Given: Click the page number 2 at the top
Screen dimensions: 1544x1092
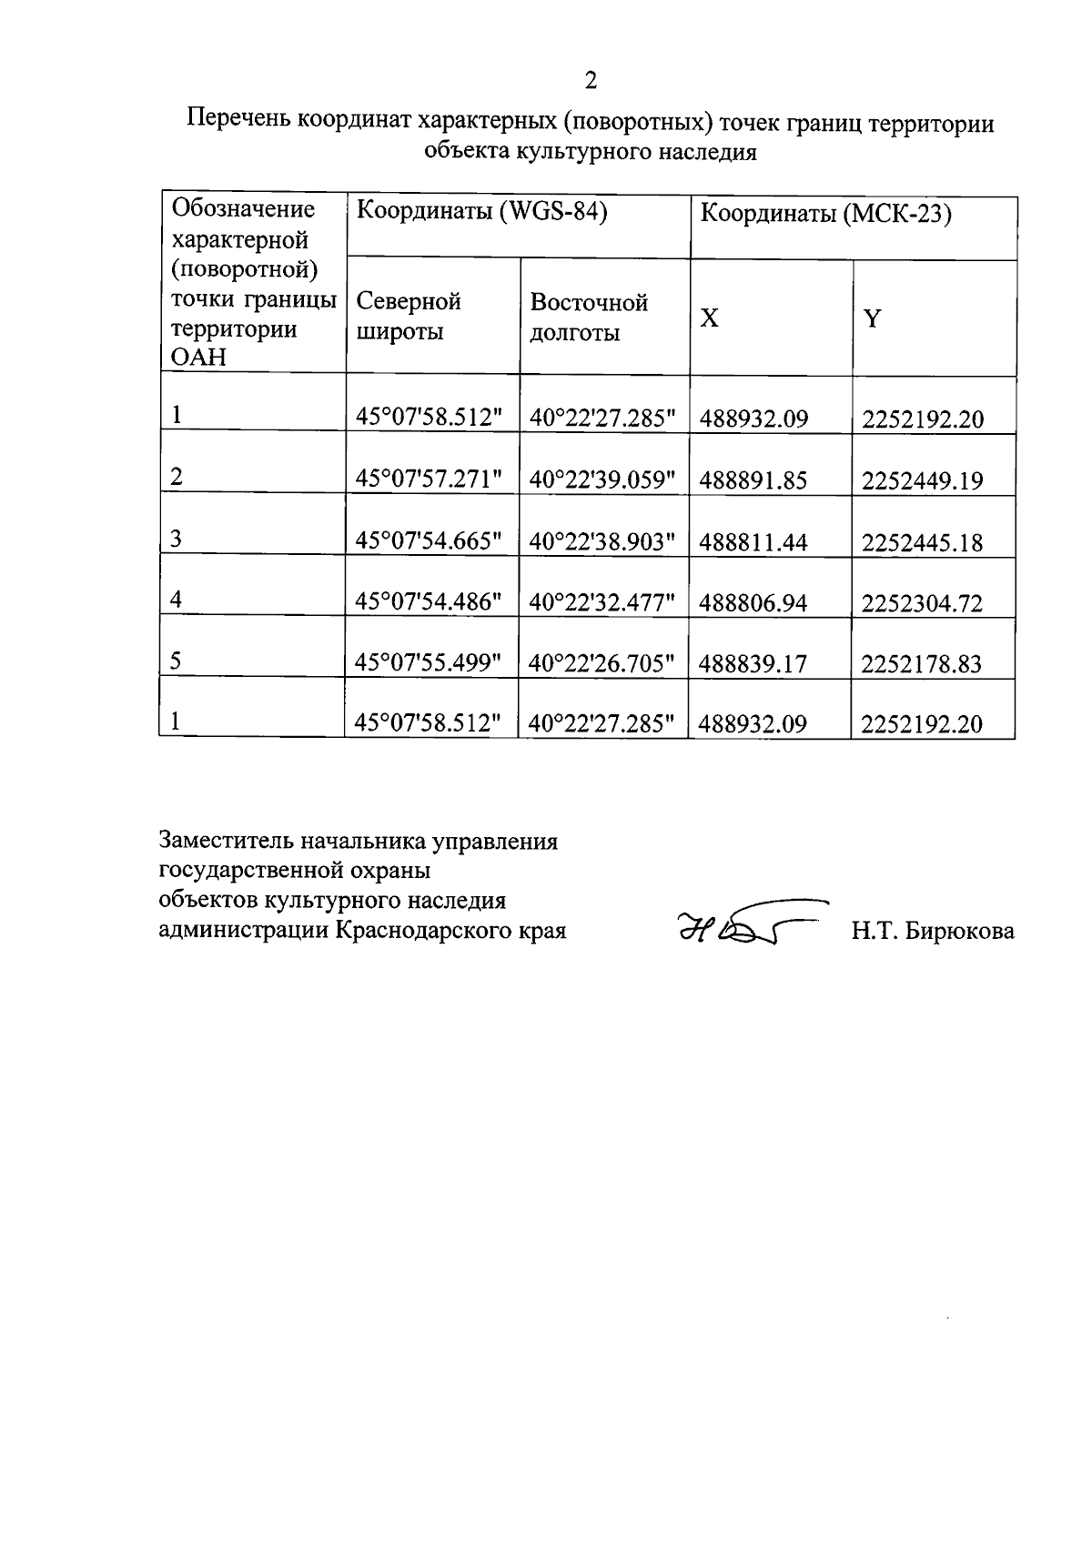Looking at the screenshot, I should (591, 81).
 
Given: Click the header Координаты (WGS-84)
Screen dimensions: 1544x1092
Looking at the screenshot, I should (481, 212).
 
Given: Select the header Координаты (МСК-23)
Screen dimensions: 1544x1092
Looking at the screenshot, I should (825, 215).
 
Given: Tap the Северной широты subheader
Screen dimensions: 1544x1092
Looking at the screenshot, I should (409, 316).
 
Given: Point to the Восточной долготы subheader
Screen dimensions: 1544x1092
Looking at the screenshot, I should (589, 317).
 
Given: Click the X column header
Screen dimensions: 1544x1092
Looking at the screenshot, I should (709, 318).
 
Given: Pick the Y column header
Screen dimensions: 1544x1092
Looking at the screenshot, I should (872, 318).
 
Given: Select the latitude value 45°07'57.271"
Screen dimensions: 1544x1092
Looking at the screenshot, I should (429, 479).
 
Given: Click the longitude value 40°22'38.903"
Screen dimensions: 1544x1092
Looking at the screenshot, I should (602, 541).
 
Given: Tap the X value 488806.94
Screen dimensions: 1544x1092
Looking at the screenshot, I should (753, 602).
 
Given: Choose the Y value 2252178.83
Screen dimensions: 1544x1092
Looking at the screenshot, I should (922, 663).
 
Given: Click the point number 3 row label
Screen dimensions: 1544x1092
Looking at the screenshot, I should (177, 539).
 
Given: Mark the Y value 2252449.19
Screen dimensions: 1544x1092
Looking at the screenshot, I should (922, 480).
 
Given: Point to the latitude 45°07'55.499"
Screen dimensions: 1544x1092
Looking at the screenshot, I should (429, 663).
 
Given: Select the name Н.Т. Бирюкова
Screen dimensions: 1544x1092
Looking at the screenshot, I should (933, 931).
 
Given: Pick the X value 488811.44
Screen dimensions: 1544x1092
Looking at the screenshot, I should (753, 542).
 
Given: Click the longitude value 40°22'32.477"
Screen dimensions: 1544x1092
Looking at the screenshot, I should (602, 602).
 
